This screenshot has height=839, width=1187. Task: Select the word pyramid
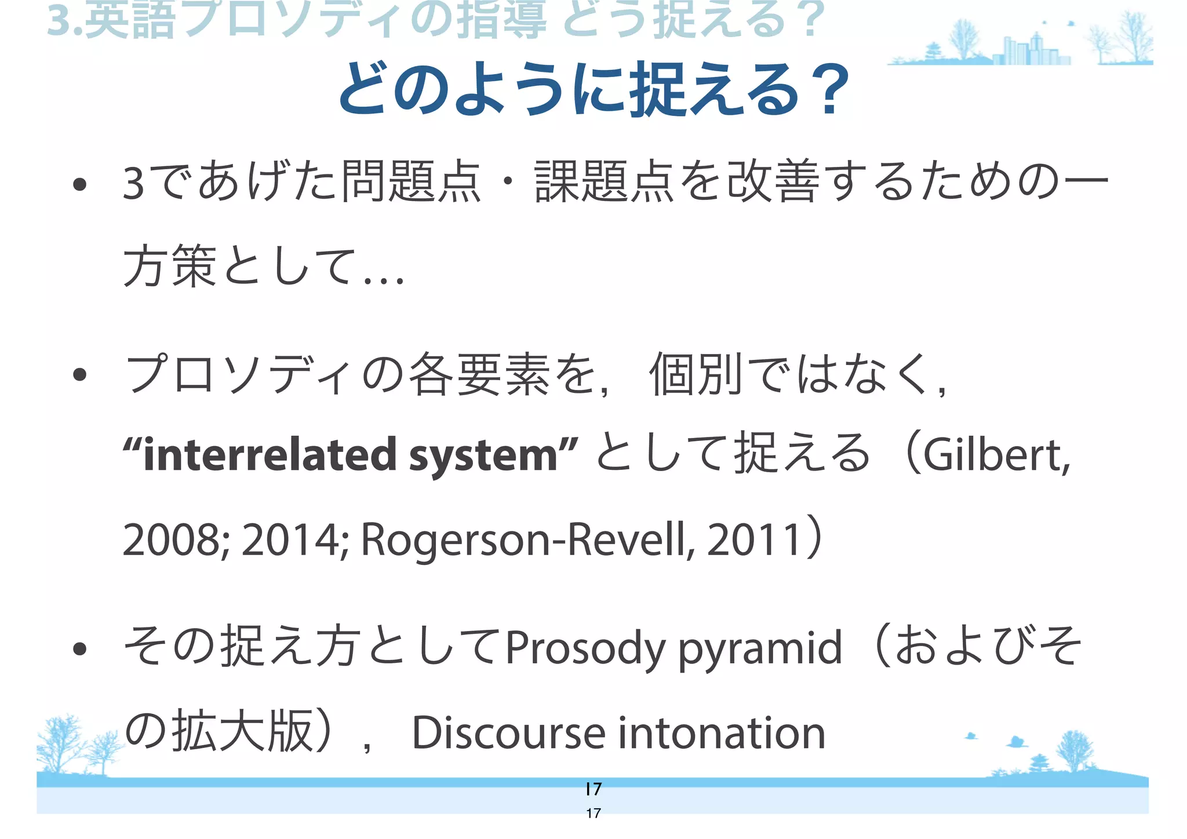coord(760,648)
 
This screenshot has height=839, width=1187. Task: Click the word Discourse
coord(508,733)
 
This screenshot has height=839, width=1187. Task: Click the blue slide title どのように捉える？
coord(593,90)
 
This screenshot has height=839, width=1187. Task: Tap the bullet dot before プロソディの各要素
coord(80,375)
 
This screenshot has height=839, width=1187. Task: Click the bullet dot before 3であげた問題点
coord(80,185)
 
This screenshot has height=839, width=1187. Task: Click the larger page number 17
coord(593,789)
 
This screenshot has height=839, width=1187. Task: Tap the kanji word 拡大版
coord(243,732)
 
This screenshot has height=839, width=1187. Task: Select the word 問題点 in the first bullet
coord(412,182)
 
